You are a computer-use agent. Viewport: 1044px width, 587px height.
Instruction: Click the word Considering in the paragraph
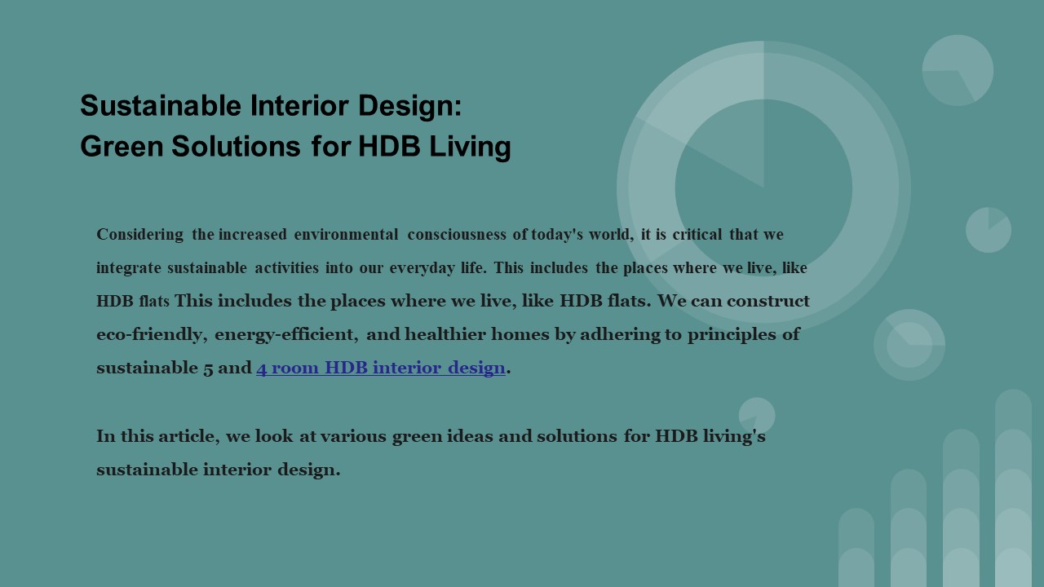(139, 235)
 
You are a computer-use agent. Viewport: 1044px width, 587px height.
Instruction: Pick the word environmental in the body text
(346, 235)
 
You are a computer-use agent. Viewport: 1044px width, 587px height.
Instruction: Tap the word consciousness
(456, 235)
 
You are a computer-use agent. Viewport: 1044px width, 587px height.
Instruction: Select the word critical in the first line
(697, 235)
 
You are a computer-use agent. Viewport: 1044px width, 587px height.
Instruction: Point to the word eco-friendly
(149, 334)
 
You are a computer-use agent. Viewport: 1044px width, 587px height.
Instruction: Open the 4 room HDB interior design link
(381, 369)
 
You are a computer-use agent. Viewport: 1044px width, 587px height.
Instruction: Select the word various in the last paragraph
(353, 436)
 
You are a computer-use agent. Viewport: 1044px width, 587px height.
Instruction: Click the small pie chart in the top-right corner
(958, 70)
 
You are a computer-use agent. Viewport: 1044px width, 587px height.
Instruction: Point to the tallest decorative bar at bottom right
(1013, 489)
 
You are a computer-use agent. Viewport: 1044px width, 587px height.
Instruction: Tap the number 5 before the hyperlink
(208, 369)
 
